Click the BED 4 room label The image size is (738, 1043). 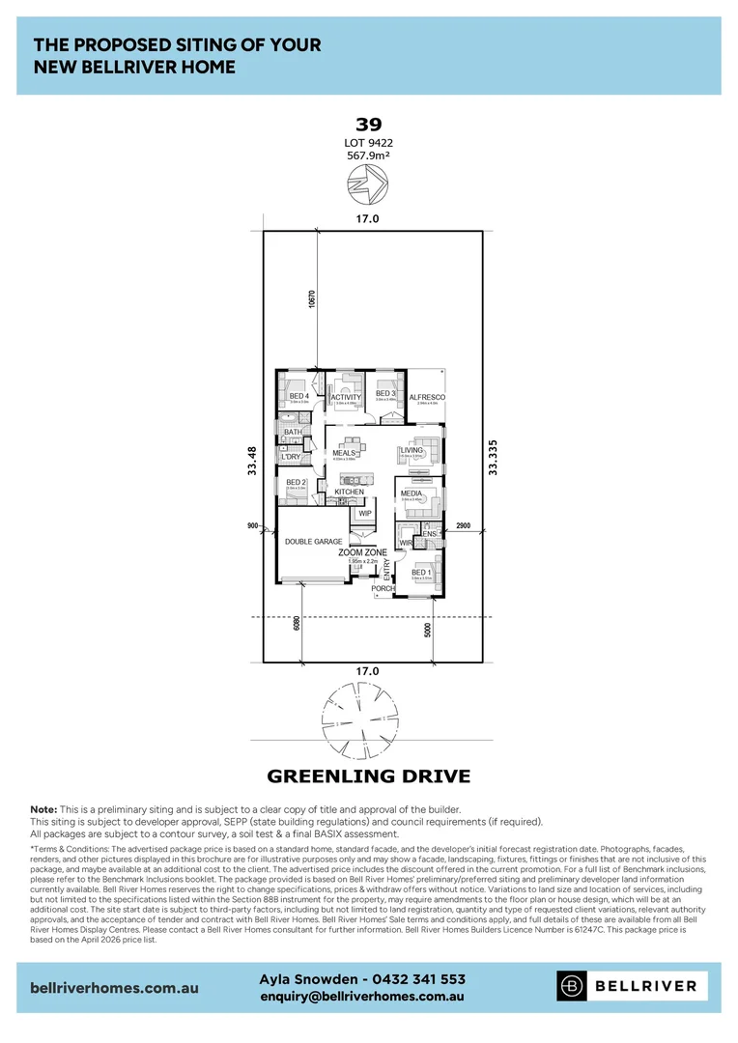(298, 396)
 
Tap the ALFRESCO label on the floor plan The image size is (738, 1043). (426, 397)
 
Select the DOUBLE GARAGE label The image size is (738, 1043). (313, 542)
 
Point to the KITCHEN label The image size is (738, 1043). (350, 493)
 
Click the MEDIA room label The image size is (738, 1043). (412, 493)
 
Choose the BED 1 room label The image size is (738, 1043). (421, 572)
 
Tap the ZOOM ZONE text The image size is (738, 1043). (362, 552)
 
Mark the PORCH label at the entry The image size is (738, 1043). (383, 588)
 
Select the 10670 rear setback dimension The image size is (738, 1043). (312, 298)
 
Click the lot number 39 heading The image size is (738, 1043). (368, 124)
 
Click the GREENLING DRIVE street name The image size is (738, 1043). (368, 775)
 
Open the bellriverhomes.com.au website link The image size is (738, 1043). (115, 988)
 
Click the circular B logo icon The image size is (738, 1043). (573, 986)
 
